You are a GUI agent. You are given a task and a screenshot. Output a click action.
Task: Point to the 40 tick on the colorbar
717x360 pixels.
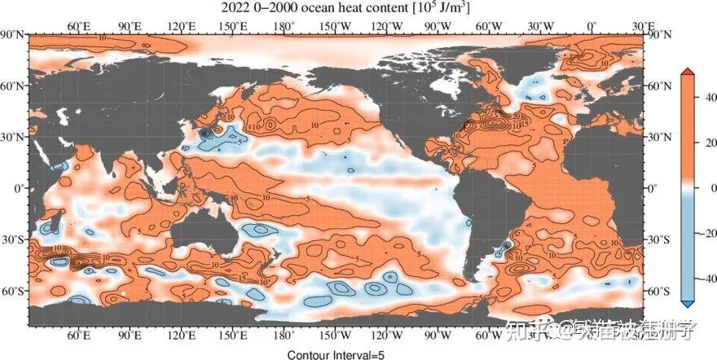point(706,99)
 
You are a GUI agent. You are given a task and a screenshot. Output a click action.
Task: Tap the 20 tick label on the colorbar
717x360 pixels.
point(706,143)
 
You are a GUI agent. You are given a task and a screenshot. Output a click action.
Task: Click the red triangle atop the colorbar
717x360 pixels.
point(688,72)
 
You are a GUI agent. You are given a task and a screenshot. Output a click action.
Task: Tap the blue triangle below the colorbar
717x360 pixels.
point(688,304)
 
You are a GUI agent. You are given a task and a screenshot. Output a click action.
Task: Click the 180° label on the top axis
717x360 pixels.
point(284,25)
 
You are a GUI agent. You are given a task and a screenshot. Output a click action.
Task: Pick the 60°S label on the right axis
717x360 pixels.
point(658,291)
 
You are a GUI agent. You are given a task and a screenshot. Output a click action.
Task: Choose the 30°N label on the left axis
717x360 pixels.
point(14,137)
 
